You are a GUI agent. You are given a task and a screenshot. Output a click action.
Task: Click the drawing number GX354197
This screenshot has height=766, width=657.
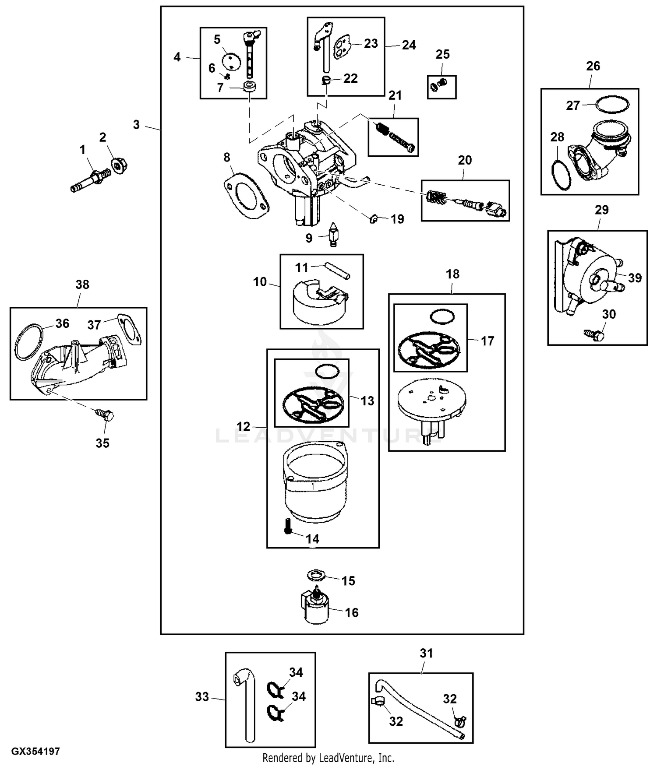click(35, 752)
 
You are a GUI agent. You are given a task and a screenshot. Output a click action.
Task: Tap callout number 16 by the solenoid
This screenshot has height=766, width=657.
click(352, 612)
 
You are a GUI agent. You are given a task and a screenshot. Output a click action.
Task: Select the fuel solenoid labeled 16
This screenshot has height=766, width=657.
click(315, 607)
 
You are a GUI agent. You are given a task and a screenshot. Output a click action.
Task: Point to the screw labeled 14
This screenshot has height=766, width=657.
click(287, 525)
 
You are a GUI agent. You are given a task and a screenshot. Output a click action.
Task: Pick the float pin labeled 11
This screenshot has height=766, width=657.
click(337, 270)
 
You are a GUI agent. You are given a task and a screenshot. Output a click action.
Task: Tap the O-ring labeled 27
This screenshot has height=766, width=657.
click(612, 104)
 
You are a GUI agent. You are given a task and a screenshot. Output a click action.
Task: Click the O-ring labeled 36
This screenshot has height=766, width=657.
click(30, 342)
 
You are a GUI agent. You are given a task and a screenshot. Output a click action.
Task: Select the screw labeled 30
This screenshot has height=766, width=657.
click(595, 335)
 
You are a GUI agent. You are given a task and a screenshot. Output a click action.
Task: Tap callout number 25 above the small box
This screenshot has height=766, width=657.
click(442, 54)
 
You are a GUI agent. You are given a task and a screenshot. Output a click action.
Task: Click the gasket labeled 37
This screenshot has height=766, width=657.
click(128, 329)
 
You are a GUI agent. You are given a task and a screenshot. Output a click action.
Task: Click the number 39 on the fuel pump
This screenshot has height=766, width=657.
click(635, 278)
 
